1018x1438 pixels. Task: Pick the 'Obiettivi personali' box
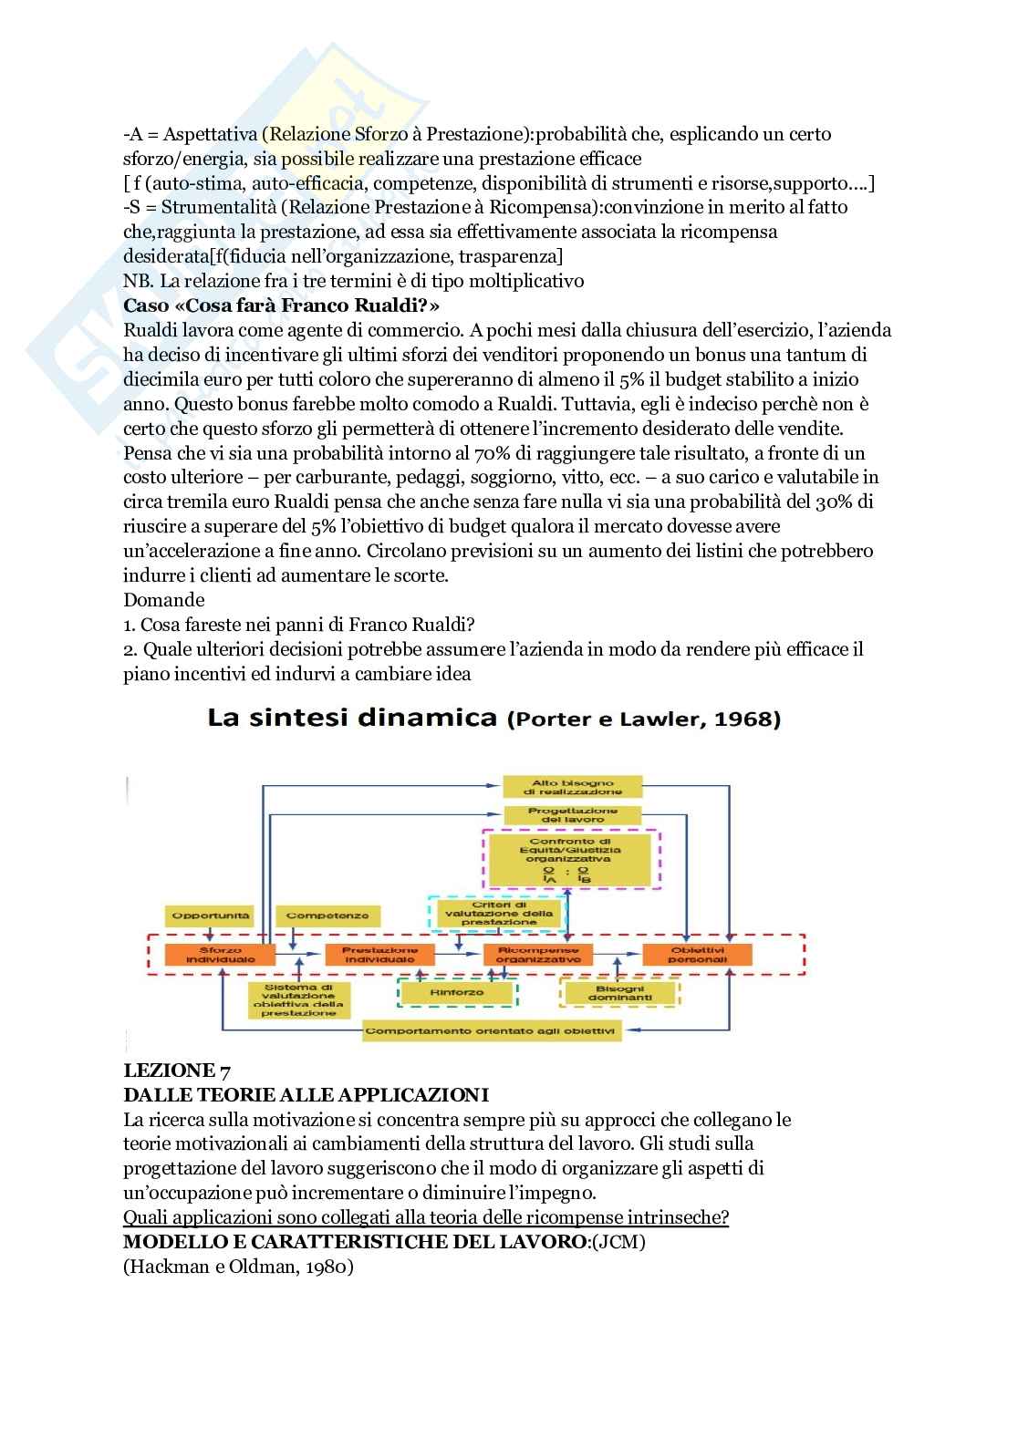coord(698,955)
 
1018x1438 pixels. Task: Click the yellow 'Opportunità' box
coord(211,916)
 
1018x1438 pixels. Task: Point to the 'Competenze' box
coord(315,916)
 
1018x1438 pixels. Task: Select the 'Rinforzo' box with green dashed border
coord(457,991)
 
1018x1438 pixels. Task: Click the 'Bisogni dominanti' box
coord(620,993)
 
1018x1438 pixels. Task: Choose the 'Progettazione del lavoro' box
coord(573,815)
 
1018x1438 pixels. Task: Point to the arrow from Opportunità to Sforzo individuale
coord(211,935)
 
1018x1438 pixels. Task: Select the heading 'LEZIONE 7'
coord(170,1071)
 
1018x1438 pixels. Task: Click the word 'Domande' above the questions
coord(164,600)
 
